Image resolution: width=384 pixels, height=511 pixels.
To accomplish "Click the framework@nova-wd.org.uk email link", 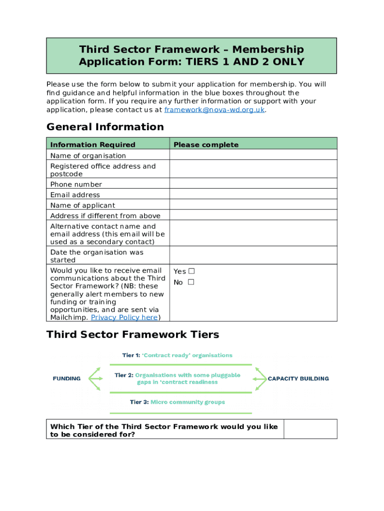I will [x=214, y=110].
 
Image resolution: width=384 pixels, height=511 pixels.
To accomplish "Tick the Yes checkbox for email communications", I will [x=192, y=271].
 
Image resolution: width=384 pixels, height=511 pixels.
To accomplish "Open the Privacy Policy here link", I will [x=124, y=318].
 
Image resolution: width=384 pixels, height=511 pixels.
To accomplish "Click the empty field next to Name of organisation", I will [x=253, y=156].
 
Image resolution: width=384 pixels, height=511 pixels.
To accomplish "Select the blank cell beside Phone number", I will [x=253, y=184].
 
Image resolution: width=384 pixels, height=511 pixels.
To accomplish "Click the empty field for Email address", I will [x=253, y=195].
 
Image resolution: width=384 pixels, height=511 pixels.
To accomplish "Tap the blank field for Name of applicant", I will [x=253, y=205].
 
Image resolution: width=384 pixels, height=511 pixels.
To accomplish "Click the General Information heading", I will [x=105, y=127].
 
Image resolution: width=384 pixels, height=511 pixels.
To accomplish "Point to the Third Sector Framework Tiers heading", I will [x=133, y=335].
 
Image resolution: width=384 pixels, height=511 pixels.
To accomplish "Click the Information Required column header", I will [x=93, y=145].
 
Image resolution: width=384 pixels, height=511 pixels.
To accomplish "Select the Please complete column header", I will [x=206, y=145].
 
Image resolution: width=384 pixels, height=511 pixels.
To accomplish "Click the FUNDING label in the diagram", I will [x=67, y=379].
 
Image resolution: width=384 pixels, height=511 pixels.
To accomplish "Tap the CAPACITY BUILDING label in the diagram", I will [x=298, y=379].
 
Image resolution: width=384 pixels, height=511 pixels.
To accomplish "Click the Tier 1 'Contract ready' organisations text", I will [x=178, y=355].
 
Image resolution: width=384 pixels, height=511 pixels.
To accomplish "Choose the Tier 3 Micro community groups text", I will [x=178, y=402].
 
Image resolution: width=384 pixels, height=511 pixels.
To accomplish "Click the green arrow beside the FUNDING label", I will [x=96, y=379].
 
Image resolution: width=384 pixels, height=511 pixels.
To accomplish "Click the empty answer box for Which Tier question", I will [x=310, y=429].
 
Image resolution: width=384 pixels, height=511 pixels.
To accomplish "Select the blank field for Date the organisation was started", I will [x=253, y=255].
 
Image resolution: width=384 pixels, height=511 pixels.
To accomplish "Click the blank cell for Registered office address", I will [x=253, y=170].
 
